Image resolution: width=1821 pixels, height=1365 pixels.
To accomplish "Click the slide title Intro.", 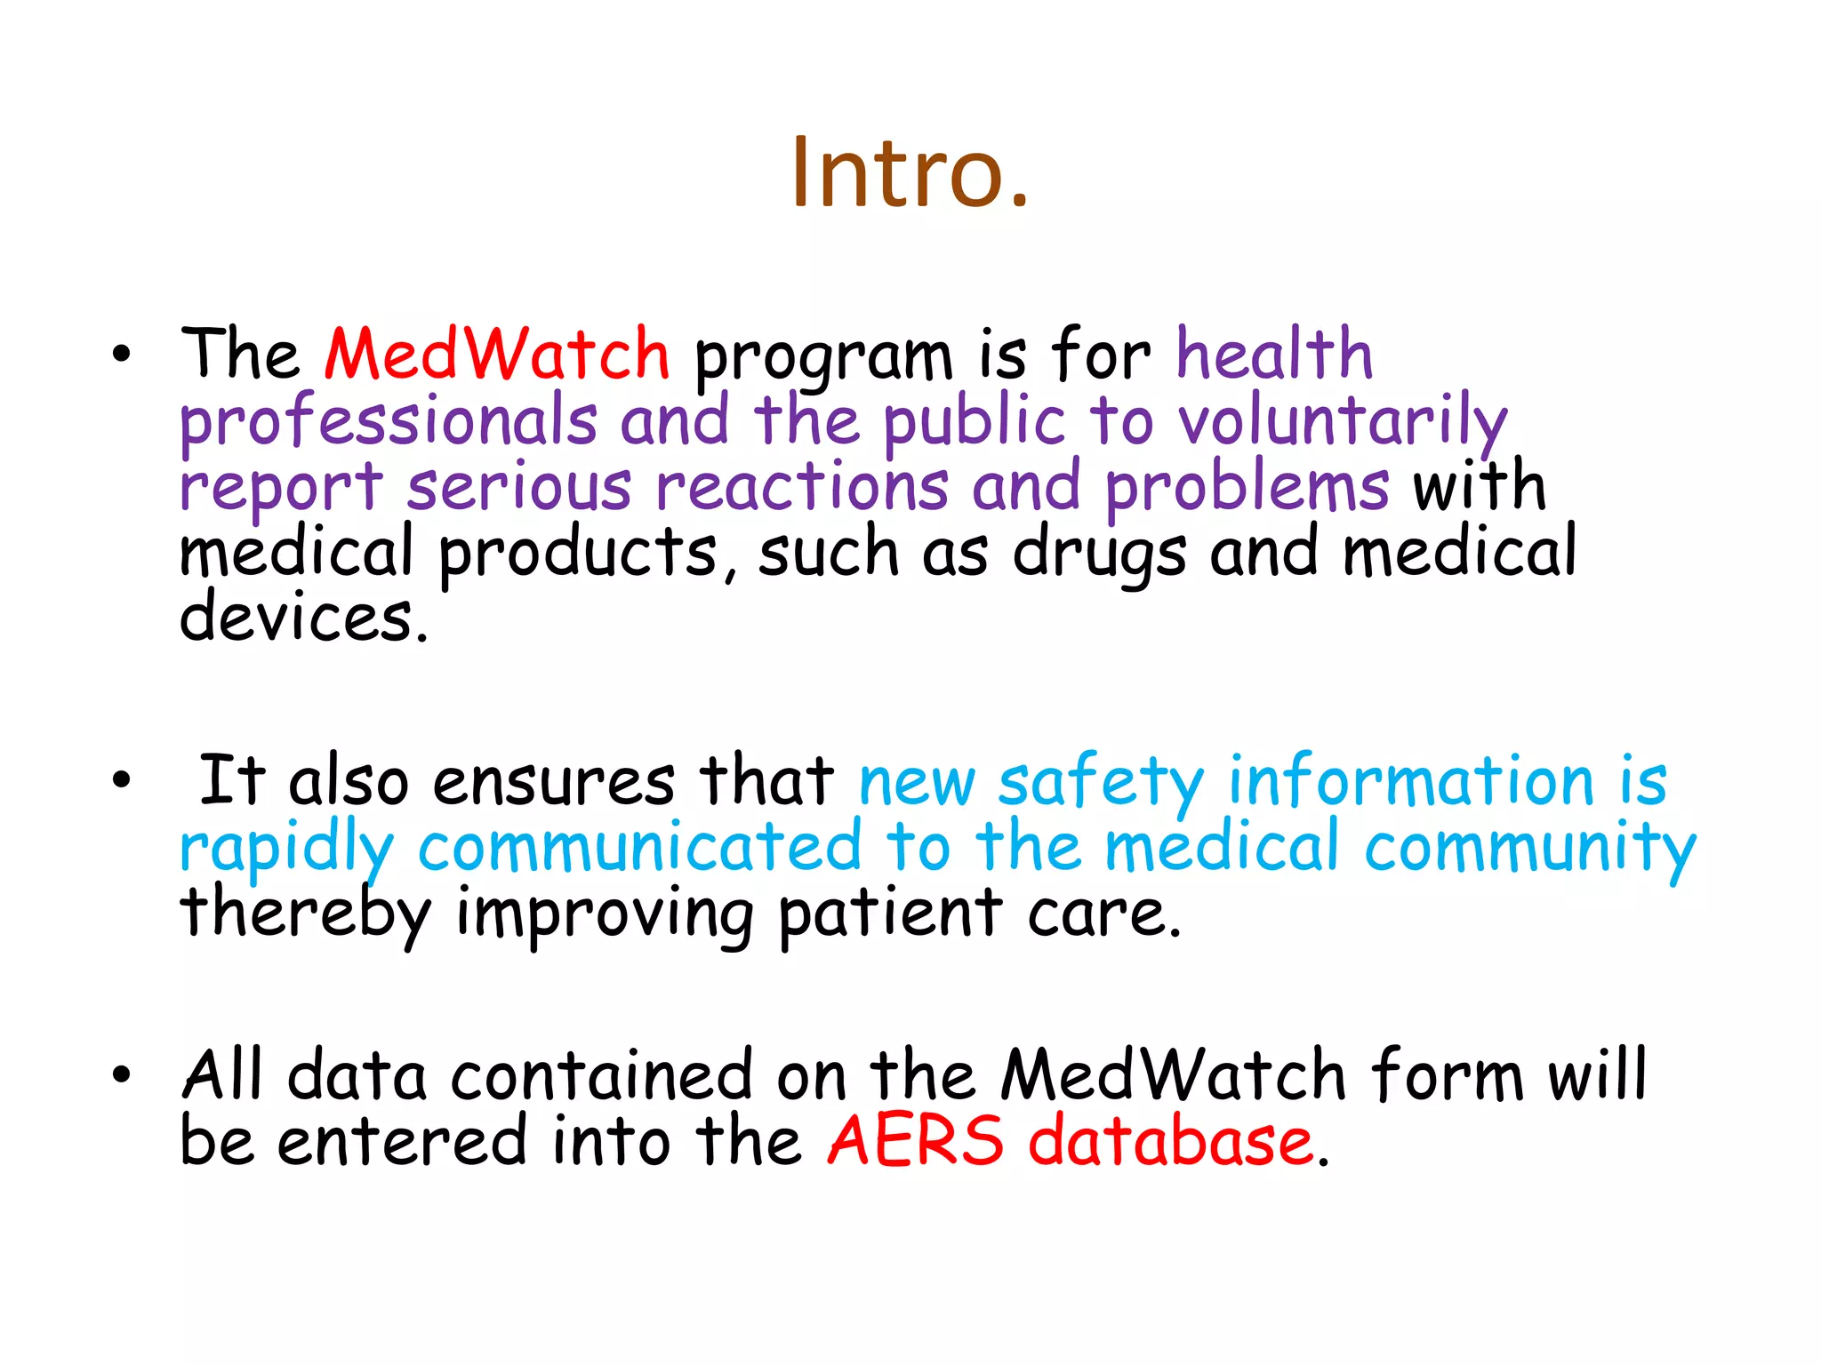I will (x=910, y=172).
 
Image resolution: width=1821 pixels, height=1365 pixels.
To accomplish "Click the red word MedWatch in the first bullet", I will (x=497, y=355).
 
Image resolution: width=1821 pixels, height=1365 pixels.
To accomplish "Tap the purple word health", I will (x=1274, y=355).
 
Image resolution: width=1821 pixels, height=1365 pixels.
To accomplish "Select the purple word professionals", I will (x=389, y=422).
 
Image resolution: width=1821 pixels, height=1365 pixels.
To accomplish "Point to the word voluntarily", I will (x=1342, y=422).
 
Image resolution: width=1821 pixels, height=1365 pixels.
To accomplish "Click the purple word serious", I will (x=518, y=488).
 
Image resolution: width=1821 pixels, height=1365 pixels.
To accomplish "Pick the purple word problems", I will (x=1247, y=488).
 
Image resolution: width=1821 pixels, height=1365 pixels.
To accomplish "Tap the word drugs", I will (x=1100, y=554).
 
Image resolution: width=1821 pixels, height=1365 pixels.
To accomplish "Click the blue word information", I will (x=1411, y=780).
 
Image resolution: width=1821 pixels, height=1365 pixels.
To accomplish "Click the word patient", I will (x=890, y=914).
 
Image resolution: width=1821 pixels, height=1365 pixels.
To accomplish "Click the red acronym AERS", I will (x=915, y=1141).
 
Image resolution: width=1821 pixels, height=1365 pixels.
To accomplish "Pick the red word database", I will (x=1170, y=1141).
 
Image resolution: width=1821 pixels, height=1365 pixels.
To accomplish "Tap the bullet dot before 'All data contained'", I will (x=122, y=1075).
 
